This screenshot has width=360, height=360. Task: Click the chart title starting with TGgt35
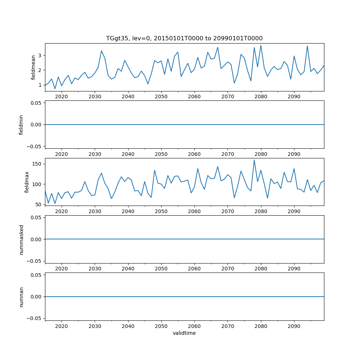184,38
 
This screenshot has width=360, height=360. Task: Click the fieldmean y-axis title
33,67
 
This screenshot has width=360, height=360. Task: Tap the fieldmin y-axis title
21,125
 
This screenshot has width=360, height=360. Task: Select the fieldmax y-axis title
27,182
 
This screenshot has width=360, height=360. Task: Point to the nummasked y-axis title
21,239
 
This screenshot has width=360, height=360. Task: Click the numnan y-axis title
21,297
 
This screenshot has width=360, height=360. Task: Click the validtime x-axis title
184,333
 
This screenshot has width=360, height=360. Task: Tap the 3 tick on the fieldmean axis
40,55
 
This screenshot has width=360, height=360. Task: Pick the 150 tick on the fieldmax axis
36,164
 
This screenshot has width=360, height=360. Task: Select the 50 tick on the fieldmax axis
38,204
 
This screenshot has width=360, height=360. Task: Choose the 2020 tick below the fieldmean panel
62,96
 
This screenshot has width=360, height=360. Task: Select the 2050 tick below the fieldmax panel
161,211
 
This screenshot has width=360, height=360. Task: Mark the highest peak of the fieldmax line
254,160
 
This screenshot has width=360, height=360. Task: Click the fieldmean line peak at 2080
261,45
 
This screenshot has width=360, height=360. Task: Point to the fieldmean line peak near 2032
102,51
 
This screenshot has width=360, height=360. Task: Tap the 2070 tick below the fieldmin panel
228,154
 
